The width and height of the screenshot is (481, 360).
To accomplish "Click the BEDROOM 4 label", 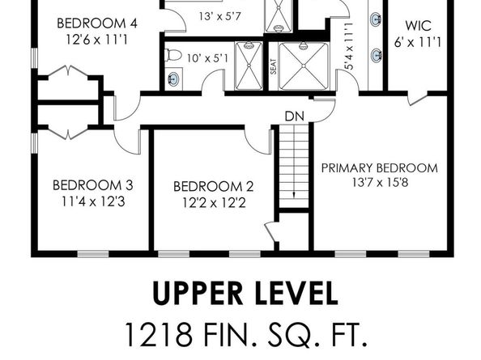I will click(96, 23).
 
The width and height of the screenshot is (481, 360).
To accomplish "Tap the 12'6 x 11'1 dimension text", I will click(96, 38).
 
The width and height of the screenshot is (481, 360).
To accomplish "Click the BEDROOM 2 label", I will click(208, 186).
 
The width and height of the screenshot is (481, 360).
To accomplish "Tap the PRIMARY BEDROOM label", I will click(379, 168).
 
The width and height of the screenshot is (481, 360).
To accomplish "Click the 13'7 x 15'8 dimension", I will click(379, 184).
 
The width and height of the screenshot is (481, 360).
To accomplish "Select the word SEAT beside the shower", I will click(273, 66).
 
